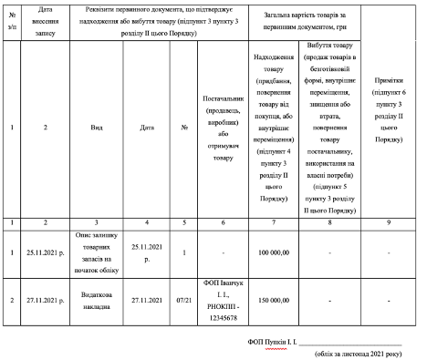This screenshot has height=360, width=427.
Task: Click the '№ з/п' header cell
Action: tap(11, 18)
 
